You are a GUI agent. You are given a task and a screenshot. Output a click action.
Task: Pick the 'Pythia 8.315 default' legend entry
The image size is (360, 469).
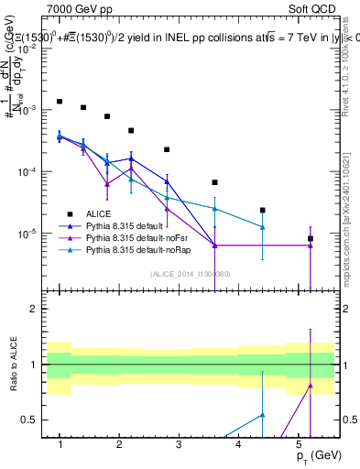click(127, 225)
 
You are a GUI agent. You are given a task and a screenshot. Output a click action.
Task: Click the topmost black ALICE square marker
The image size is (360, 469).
click(60, 102)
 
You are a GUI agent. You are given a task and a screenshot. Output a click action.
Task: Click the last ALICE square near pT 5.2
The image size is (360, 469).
click(311, 238)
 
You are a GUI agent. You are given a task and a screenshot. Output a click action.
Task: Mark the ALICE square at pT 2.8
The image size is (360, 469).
click(167, 149)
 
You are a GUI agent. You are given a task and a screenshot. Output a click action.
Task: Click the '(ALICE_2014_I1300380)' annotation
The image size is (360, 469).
click(191, 274)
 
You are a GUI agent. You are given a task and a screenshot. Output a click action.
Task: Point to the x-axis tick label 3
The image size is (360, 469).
click(179, 444)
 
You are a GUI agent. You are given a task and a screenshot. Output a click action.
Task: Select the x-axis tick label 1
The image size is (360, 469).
click(60, 444)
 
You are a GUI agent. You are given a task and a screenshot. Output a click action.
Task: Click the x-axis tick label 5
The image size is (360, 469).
click(298, 444)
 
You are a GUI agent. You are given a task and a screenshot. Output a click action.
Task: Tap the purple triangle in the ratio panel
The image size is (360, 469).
click(311, 386)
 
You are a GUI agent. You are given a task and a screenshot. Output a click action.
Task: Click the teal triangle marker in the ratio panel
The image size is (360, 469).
click(263, 415)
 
